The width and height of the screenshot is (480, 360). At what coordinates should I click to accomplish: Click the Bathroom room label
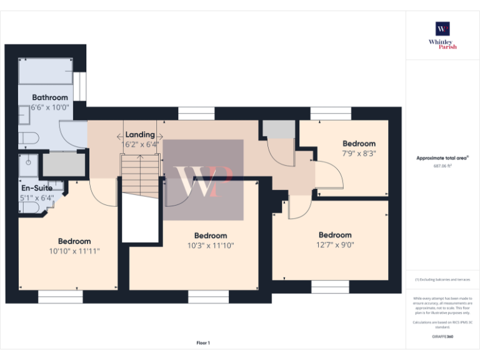pyautogui.click(x=50, y=97)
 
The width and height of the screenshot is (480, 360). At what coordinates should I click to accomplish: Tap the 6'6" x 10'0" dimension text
pyautogui.click(x=50, y=107)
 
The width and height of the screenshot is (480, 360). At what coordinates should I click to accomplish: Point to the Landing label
pyautogui.click(x=140, y=135)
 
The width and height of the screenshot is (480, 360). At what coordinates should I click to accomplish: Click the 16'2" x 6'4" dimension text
pyautogui.click(x=140, y=144)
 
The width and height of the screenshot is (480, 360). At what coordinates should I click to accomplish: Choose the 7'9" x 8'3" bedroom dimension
pyautogui.click(x=359, y=153)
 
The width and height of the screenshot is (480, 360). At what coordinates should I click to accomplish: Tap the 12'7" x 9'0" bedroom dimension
pyautogui.click(x=334, y=245)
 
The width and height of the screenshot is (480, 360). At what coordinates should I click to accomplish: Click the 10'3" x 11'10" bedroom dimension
pyautogui.click(x=211, y=246)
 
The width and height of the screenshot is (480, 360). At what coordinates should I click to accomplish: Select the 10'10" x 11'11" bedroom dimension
pyautogui.click(x=74, y=251)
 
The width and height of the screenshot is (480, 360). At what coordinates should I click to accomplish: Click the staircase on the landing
pyautogui.click(x=137, y=177)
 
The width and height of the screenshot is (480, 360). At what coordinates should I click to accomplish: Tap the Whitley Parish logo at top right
pyautogui.click(x=442, y=35)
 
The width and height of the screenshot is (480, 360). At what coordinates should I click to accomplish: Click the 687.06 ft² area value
pyautogui.click(x=442, y=166)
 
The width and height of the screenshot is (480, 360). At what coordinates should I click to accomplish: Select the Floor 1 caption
pyautogui.click(x=203, y=342)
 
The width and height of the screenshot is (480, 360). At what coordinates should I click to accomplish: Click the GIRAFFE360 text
pyautogui.click(x=442, y=337)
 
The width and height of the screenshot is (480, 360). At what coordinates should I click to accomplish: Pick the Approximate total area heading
pyautogui.click(x=442, y=158)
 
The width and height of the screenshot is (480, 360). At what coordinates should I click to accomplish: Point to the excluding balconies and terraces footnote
pyautogui.click(x=442, y=279)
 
